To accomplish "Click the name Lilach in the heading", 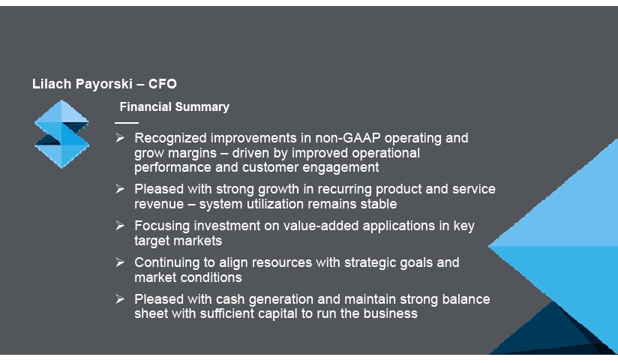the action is pyautogui.click(x=52, y=84).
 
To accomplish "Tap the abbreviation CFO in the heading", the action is pyautogui.click(x=163, y=84).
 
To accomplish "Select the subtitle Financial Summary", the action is pyautogui.click(x=174, y=106).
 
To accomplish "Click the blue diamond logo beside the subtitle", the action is pyautogui.click(x=61, y=134).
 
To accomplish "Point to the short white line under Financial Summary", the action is pyautogui.click(x=127, y=123).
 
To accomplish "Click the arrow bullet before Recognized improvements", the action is pyautogui.click(x=120, y=137).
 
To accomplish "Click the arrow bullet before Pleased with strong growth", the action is pyautogui.click(x=120, y=189).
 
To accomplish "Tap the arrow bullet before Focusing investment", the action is pyautogui.click(x=120, y=226).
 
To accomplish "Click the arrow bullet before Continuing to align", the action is pyautogui.click(x=120, y=262).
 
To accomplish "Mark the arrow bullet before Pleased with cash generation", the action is pyautogui.click(x=120, y=299).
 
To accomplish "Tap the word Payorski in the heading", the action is pyautogui.click(x=104, y=84).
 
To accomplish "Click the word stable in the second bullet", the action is pyautogui.click(x=380, y=204).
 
